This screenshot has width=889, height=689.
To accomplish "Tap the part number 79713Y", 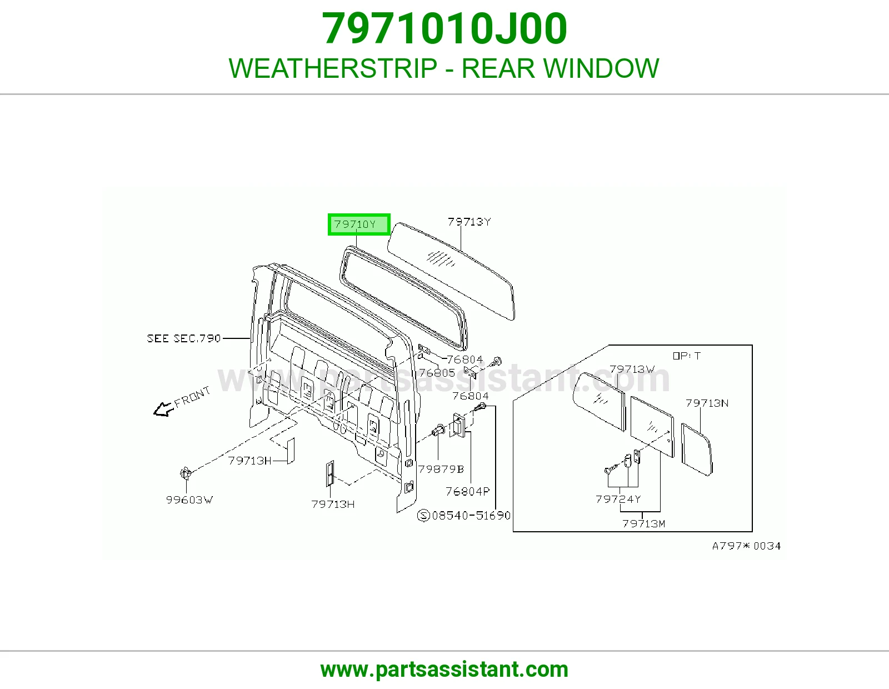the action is (470, 222).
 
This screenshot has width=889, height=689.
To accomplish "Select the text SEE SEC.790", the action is (184, 338).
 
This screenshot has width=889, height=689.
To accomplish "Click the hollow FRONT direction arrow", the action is (163, 409).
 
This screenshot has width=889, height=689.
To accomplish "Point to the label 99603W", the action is (189, 500).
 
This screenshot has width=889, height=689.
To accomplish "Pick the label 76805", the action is (437, 373).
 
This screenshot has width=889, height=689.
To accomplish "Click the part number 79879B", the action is (441, 469).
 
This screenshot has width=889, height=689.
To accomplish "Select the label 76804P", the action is (468, 491).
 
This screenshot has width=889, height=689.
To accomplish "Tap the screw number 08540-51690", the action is (471, 516).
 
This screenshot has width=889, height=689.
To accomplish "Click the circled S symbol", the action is (423, 516).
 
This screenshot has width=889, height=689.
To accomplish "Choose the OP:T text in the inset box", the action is (687, 356).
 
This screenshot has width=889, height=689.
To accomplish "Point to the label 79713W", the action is (632, 370).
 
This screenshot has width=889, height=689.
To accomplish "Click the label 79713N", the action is (707, 403).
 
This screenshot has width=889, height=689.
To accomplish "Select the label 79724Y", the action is (618, 499).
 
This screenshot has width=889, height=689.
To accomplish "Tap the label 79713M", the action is (644, 524).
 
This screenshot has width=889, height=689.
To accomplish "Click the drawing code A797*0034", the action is (747, 546).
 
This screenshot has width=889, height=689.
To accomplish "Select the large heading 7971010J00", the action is (444, 28).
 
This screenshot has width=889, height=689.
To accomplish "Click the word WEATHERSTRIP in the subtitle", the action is (333, 68).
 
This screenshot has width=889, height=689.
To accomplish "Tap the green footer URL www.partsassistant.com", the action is (444, 670).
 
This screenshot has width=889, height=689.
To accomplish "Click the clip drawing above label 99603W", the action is (186, 473).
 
